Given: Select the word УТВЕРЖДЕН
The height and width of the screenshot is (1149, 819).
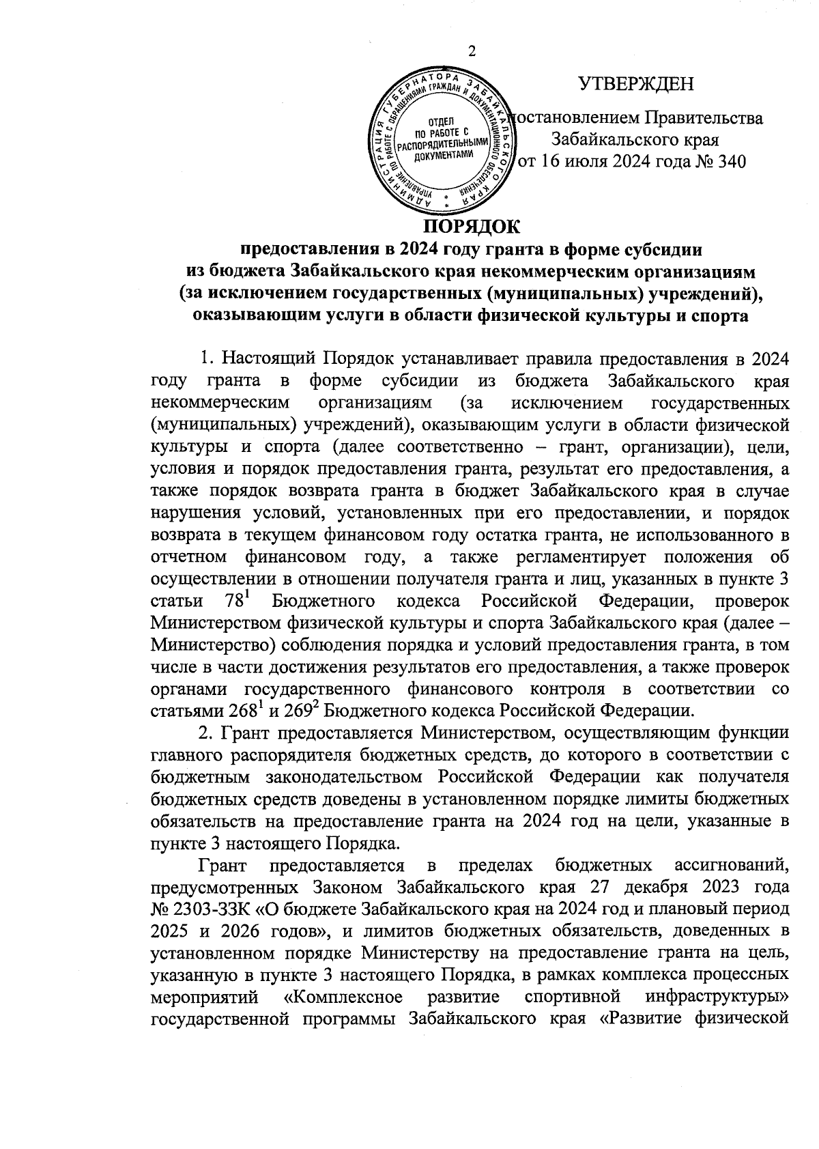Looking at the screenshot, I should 635,85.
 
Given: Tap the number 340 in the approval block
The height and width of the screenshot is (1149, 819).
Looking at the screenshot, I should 727,162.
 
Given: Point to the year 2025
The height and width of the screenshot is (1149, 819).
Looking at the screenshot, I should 169,932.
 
